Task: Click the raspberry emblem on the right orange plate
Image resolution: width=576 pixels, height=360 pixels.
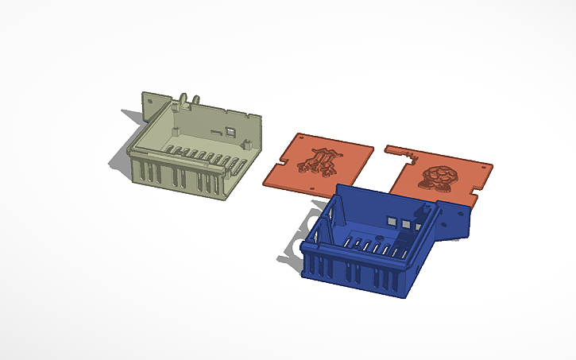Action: coord(439,177)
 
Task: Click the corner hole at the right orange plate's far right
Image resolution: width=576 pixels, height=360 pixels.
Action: coord(484,169)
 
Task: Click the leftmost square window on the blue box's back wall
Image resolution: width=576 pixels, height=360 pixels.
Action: coord(392,219)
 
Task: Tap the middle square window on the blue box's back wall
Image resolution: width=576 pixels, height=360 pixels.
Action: coord(407,224)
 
